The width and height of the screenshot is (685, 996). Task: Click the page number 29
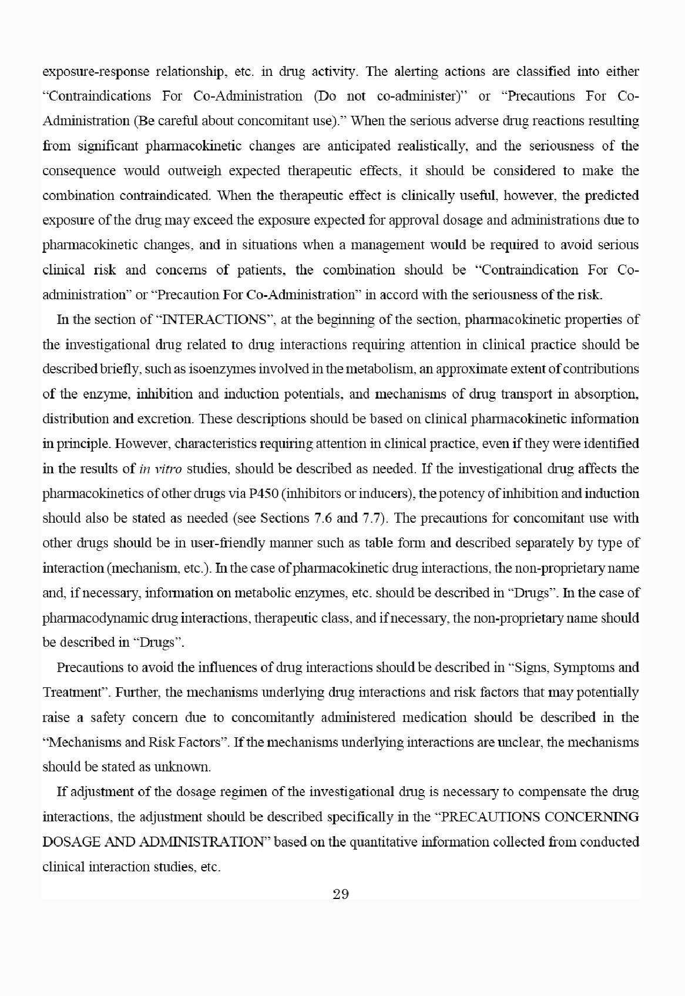341,895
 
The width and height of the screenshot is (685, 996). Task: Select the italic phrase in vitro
161,469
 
